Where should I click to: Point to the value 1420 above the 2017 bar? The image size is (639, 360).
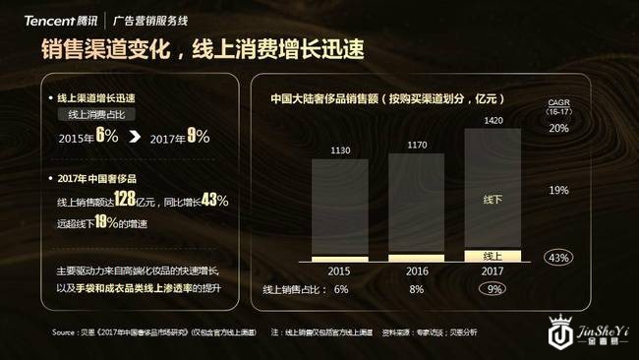point(493,121)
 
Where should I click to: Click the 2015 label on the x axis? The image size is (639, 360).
point(337,270)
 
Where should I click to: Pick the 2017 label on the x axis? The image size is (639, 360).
point(493,270)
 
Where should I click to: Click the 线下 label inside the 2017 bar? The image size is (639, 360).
point(493,199)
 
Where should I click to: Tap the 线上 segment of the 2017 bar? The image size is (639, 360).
point(493,255)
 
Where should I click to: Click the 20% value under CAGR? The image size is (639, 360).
point(558,129)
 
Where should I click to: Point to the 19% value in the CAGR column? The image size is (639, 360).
point(558,190)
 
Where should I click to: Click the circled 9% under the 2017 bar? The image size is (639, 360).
point(493,289)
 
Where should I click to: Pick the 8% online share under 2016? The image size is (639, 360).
point(416,289)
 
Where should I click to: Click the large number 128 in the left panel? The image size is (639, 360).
point(125,200)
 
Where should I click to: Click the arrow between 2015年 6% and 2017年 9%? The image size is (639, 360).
point(134,138)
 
